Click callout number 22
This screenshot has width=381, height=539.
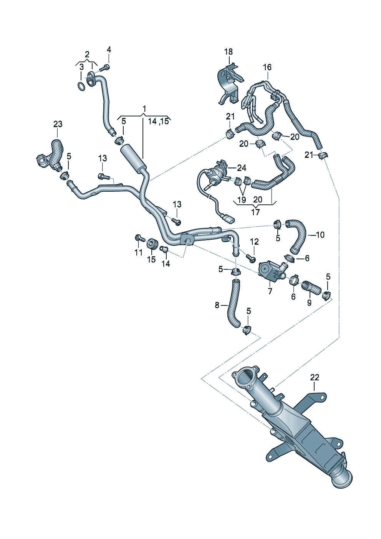click(315, 378)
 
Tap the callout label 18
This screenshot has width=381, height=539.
click(229, 52)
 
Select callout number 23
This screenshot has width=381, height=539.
click(58, 124)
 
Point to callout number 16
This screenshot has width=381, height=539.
click(267, 67)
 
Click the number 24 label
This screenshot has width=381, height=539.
click(242, 168)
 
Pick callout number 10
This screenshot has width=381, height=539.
click(320, 235)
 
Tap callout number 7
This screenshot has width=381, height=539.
click(270, 292)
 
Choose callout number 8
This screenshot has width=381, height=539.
click(217, 305)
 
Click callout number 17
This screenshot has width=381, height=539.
click(255, 212)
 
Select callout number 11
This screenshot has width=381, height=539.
click(138, 252)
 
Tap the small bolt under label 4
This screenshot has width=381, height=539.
click(105, 68)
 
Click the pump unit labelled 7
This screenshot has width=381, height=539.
click(270, 270)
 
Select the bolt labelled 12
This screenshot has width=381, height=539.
click(252, 259)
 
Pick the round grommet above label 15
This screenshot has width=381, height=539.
click(152, 243)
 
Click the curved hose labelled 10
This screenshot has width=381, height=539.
click(298, 234)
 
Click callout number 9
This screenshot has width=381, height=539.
click(309, 303)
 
